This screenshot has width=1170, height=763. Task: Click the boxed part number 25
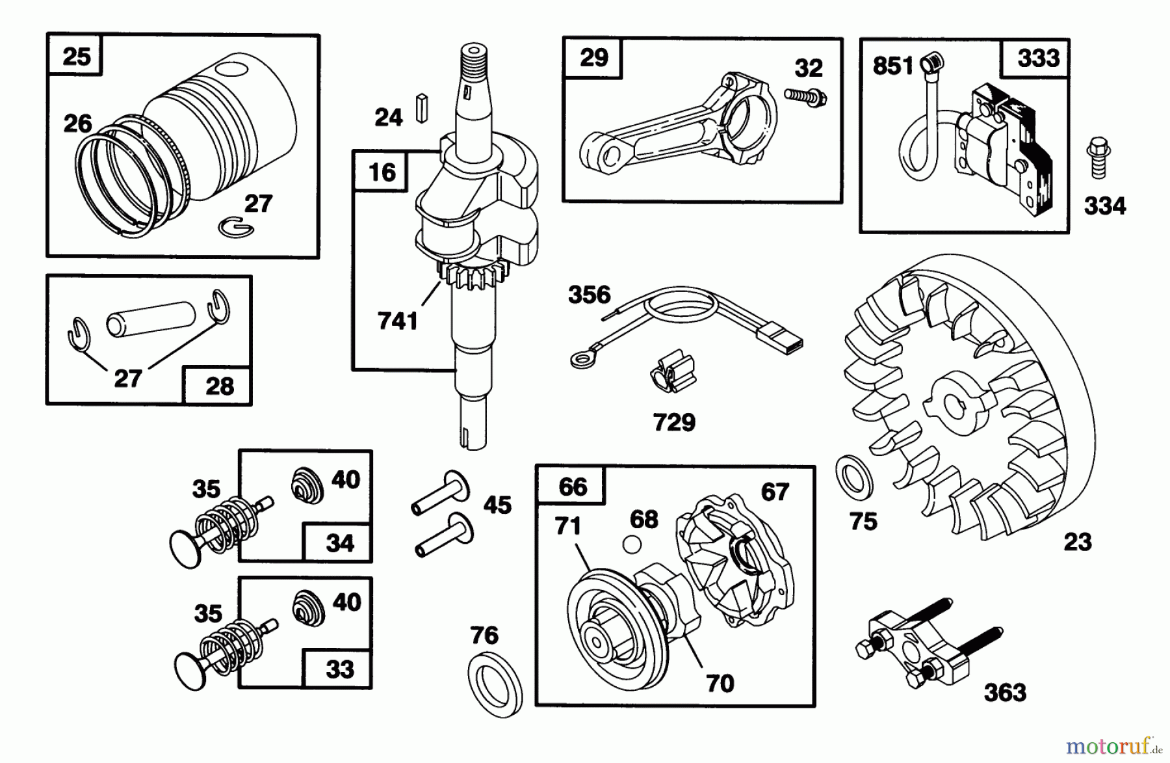pyautogui.click(x=76, y=56)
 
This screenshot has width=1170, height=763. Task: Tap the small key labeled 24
pyautogui.click(x=422, y=108)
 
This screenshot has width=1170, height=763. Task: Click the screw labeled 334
pyautogui.click(x=1097, y=157)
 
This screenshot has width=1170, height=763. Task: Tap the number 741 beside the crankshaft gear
pyautogui.click(x=397, y=321)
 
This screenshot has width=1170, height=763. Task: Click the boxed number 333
pyautogui.click(x=1038, y=59)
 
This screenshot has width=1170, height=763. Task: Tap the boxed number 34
pyautogui.click(x=339, y=542)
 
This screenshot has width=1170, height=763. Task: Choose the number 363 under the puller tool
pyautogui.click(x=1004, y=693)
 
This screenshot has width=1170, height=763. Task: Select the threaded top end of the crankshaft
pyautogui.click(x=474, y=62)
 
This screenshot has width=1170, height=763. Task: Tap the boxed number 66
pyautogui.click(x=572, y=487)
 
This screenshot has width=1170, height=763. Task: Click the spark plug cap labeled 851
pyautogui.click(x=933, y=63)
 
